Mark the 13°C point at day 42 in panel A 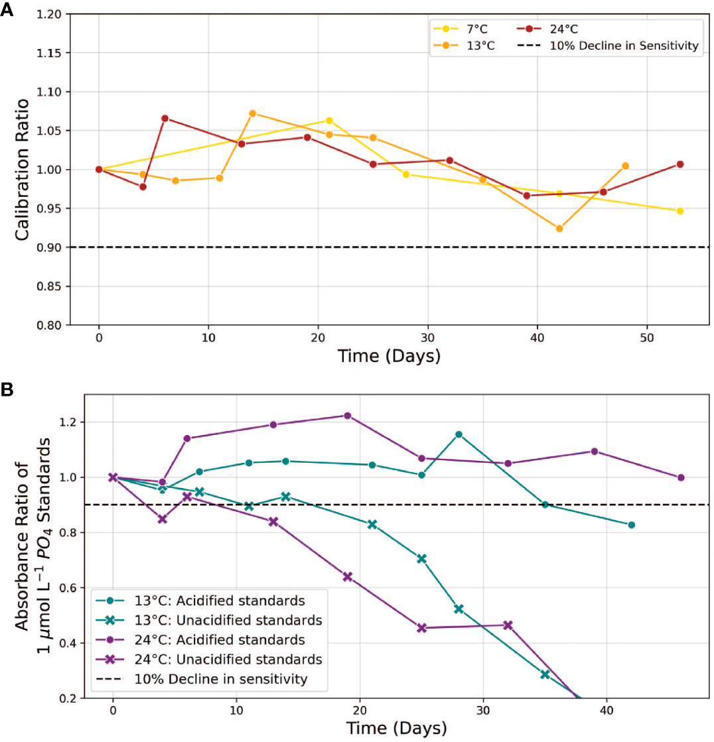[559, 229]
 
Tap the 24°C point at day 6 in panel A [165, 118]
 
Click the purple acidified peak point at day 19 [347, 416]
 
